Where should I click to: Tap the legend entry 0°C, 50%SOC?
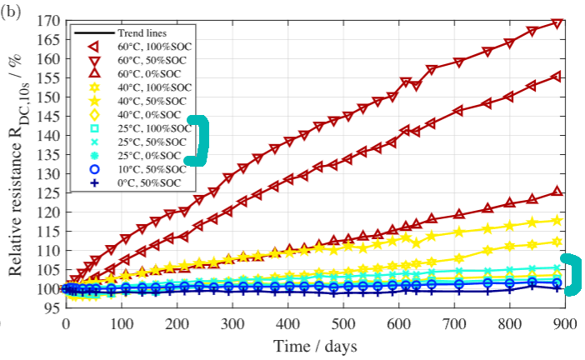pos(149,182)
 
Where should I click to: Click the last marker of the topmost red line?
pos(557,23)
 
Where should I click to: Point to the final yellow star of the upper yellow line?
pos(557,221)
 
